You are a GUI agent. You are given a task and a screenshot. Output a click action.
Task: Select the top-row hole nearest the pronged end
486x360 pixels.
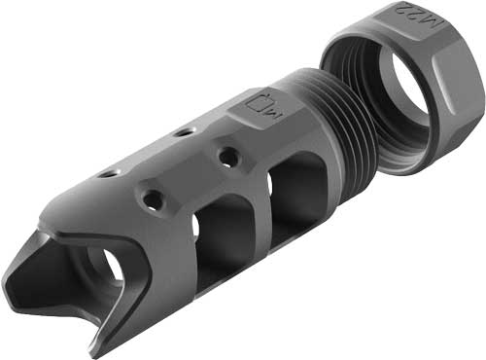(x=105, y=175)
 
